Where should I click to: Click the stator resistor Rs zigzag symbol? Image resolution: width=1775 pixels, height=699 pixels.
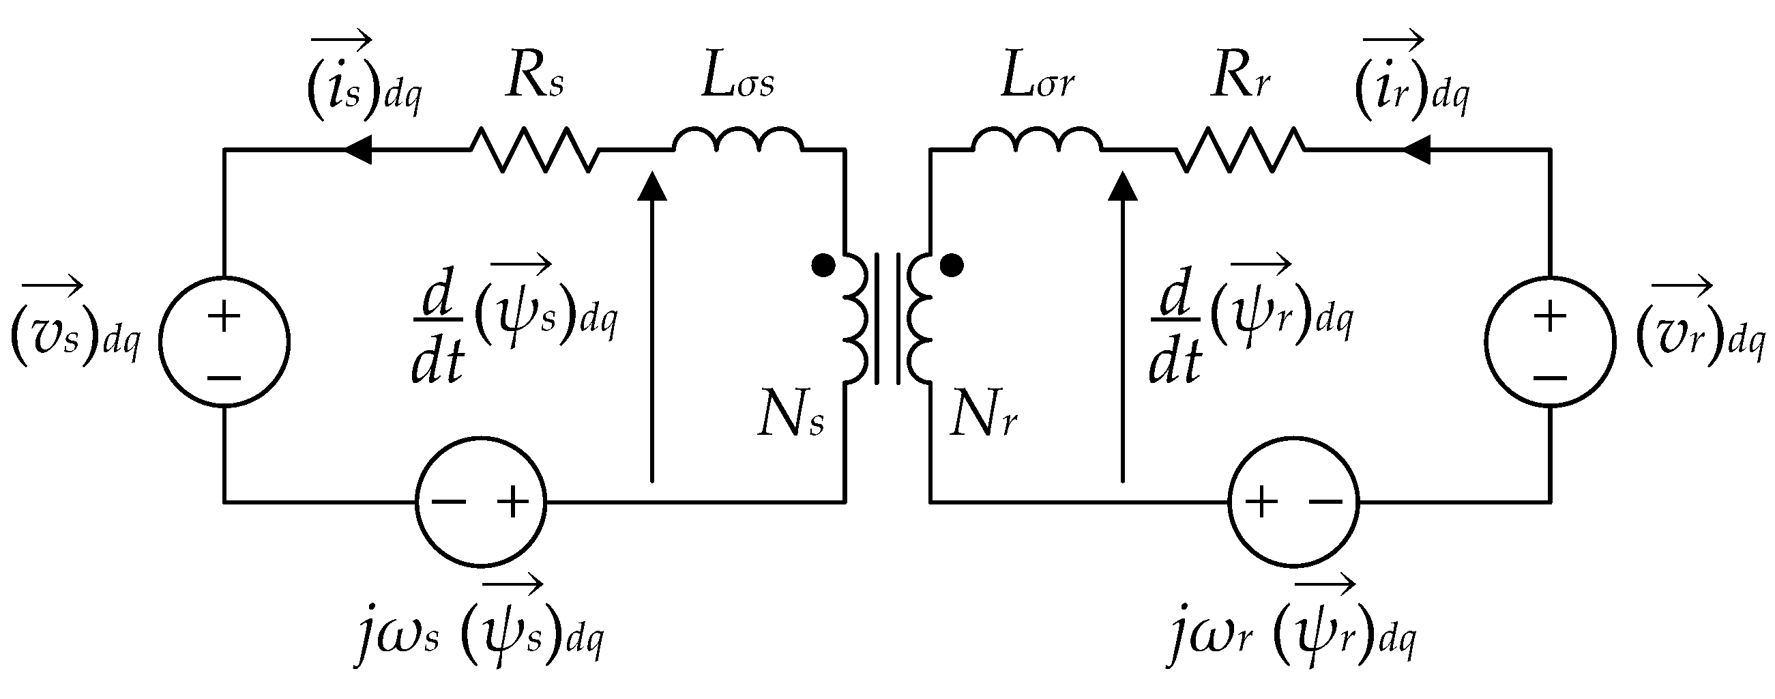(534, 149)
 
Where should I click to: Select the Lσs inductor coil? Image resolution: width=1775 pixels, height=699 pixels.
(738, 139)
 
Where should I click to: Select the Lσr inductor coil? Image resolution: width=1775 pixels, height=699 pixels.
(1037, 139)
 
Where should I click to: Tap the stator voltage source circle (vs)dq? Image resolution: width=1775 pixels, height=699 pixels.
(224, 342)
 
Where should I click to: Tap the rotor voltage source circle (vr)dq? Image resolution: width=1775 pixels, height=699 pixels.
(1551, 342)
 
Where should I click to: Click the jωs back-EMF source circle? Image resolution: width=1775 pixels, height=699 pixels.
(481, 502)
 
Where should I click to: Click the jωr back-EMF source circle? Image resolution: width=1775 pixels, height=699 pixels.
(1293, 502)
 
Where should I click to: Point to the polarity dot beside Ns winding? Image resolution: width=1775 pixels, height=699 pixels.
(823, 266)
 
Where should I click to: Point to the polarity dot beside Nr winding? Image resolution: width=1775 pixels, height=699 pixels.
(952, 265)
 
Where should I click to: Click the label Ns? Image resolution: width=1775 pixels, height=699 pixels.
(791, 416)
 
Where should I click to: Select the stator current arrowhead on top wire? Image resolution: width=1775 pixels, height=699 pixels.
(357, 149)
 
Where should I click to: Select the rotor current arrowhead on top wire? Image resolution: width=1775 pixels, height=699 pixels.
(1416, 149)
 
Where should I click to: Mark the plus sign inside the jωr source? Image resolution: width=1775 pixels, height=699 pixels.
(1261, 502)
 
